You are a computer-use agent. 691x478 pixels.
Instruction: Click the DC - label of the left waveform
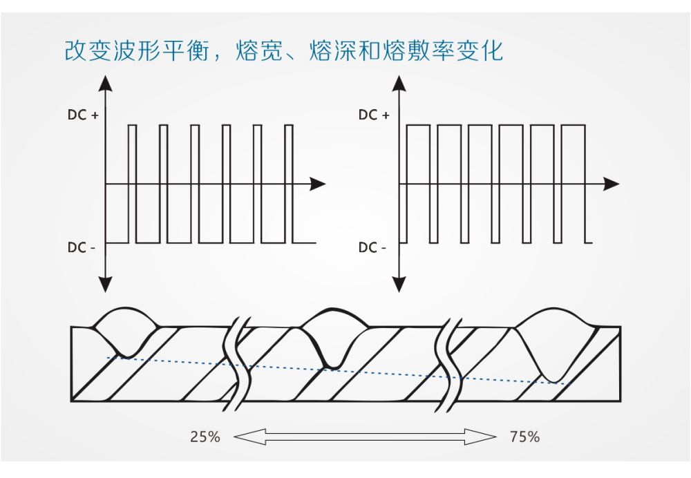tap(82, 247)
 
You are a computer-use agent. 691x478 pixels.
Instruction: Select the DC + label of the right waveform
tap(374, 115)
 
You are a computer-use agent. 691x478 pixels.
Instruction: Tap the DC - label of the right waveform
tap(372, 247)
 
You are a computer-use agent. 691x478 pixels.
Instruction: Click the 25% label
tap(205, 437)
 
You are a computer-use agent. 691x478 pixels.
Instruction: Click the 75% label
tap(524, 437)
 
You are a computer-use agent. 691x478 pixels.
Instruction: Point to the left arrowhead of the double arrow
tap(243, 437)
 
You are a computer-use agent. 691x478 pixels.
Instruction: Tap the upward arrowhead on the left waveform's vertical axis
tap(105, 84)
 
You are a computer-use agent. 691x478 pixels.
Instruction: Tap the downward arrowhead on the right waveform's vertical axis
tap(397, 283)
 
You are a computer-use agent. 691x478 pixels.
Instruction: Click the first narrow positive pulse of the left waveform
tap(133, 155)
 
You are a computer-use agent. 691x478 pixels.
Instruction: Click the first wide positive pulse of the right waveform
tap(417, 155)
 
